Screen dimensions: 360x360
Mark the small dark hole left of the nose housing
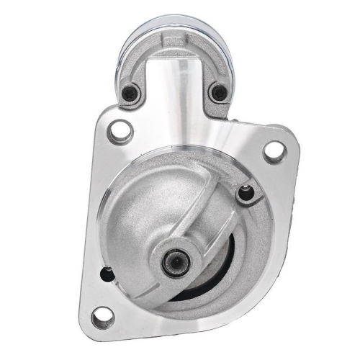coord(108,272)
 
